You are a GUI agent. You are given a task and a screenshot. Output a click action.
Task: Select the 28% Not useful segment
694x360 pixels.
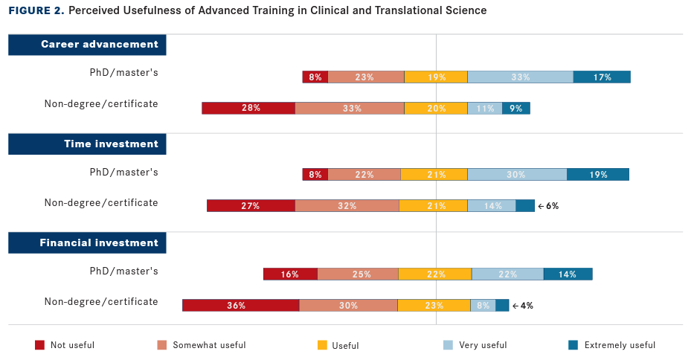pos(248,108)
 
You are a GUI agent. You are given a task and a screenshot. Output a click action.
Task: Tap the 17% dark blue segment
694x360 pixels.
pos(602,77)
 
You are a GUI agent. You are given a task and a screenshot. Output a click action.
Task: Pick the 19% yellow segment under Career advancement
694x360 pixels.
pos(436,77)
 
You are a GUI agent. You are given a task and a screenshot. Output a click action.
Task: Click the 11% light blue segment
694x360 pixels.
pos(485,108)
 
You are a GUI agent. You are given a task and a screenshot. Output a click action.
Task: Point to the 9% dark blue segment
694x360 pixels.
pos(516,108)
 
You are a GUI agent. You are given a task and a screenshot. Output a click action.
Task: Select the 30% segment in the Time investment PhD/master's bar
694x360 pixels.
pos(517,175)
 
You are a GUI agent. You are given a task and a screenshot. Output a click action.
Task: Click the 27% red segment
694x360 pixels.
pos(251,206)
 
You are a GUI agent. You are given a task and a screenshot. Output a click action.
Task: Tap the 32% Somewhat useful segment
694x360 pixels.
pos(347,206)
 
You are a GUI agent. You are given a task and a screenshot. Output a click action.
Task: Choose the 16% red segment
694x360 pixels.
pos(290,274)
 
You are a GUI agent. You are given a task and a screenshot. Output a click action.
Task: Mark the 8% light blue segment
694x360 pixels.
pos(483,305)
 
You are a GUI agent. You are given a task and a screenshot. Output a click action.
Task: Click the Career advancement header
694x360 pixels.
pos(88,45)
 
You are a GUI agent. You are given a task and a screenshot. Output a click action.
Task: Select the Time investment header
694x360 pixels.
pos(88,144)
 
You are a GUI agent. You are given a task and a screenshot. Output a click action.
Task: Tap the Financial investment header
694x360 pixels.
pos(88,242)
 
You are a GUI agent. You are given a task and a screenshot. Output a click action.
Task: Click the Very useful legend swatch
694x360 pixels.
pos(448,345)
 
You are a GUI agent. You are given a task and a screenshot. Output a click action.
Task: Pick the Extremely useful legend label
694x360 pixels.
pos(620,345)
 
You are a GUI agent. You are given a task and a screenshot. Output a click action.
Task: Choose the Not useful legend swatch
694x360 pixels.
pos(39,345)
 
